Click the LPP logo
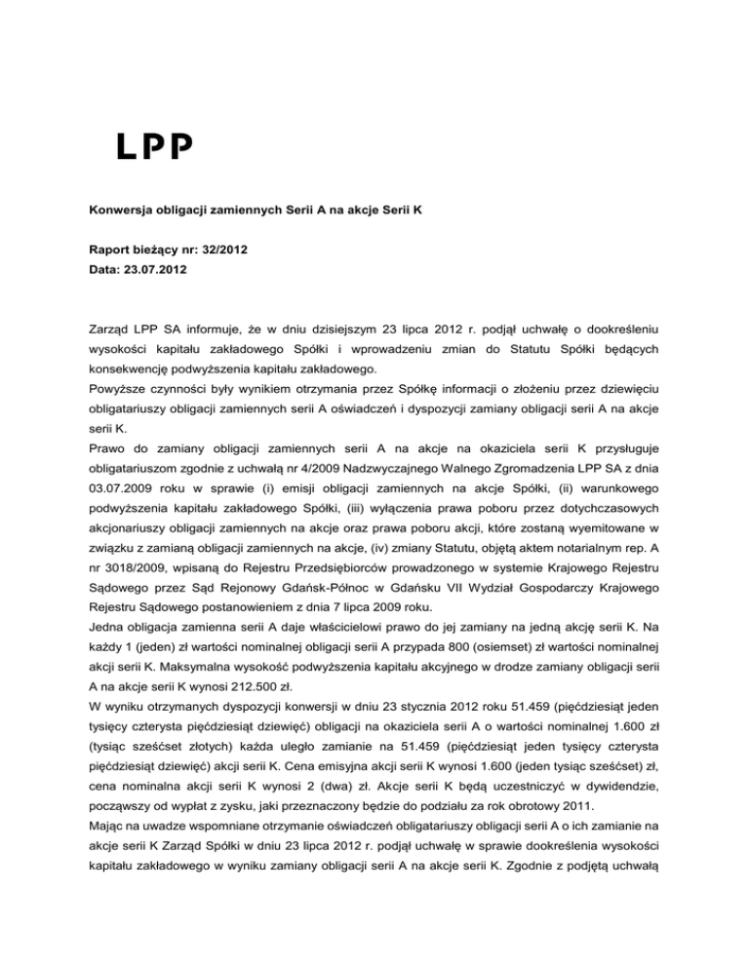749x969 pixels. (155, 145)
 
